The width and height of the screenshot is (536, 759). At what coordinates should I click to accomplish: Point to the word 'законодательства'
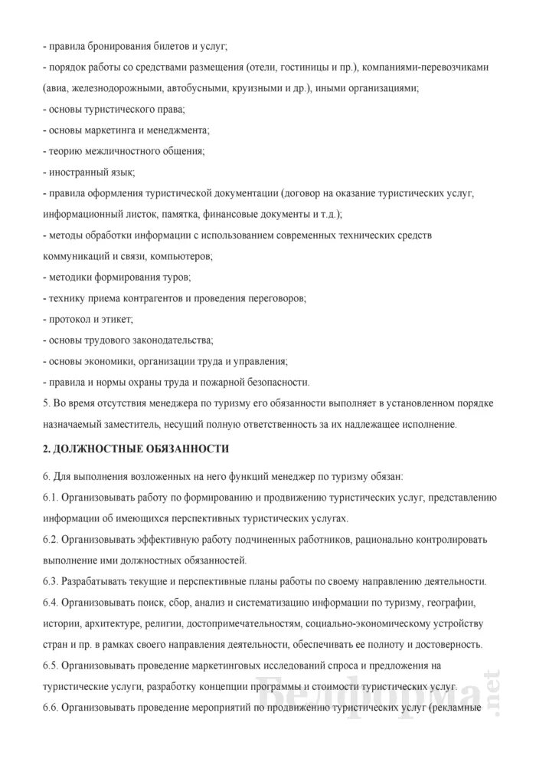coord(172,338)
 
